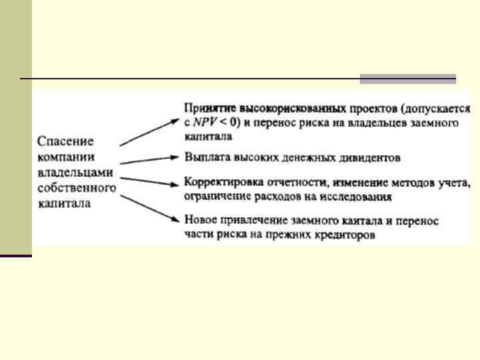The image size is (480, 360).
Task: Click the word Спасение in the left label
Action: coord(65,142)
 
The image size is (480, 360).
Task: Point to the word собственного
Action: coord(77,188)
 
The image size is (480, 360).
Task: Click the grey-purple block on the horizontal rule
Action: coord(407,79)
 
